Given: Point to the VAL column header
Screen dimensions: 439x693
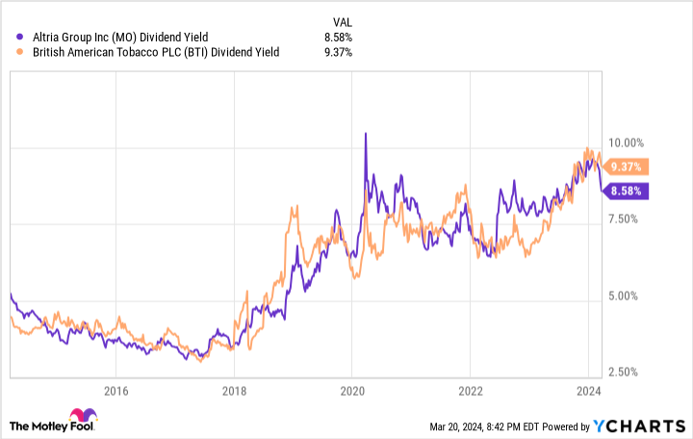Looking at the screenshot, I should pos(341,19).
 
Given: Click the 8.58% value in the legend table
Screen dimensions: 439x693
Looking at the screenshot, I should pos(337,38).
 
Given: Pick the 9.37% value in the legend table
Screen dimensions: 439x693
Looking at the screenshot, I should pos(337,52).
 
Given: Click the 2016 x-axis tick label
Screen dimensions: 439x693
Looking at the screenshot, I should pos(115,392).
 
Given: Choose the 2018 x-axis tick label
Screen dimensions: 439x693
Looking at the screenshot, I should pos(234,392).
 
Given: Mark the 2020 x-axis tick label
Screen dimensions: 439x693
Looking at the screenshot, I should pos(351,392).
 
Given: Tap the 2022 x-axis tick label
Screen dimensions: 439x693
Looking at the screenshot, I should pos(470,392).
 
